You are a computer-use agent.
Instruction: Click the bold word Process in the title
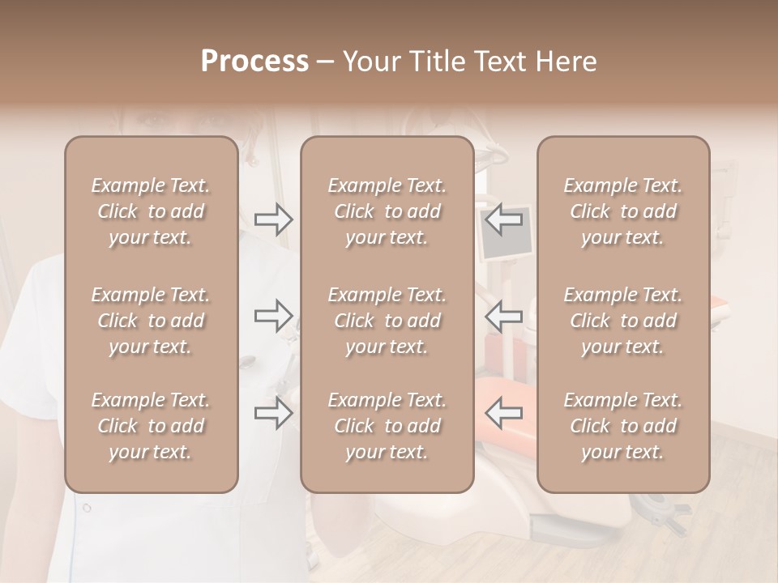(254, 62)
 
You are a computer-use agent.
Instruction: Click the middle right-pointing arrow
(274, 316)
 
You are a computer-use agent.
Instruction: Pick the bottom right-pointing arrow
(274, 413)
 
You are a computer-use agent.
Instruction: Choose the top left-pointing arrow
(503, 219)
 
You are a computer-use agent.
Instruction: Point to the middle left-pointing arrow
(503, 316)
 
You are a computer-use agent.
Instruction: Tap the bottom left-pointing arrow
(503, 413)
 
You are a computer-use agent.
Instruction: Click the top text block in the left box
(151, 211)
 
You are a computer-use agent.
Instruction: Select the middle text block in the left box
(151, 321)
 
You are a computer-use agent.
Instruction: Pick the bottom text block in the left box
(151, 426)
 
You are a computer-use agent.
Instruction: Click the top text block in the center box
(387, 211)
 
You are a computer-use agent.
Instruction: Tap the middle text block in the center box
(387, 321)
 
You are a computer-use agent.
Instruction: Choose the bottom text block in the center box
(387, 426)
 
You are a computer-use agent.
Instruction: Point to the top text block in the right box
(623, 211)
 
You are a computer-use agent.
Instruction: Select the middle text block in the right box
(623, 321)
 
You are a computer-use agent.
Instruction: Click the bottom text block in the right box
(623, 426)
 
